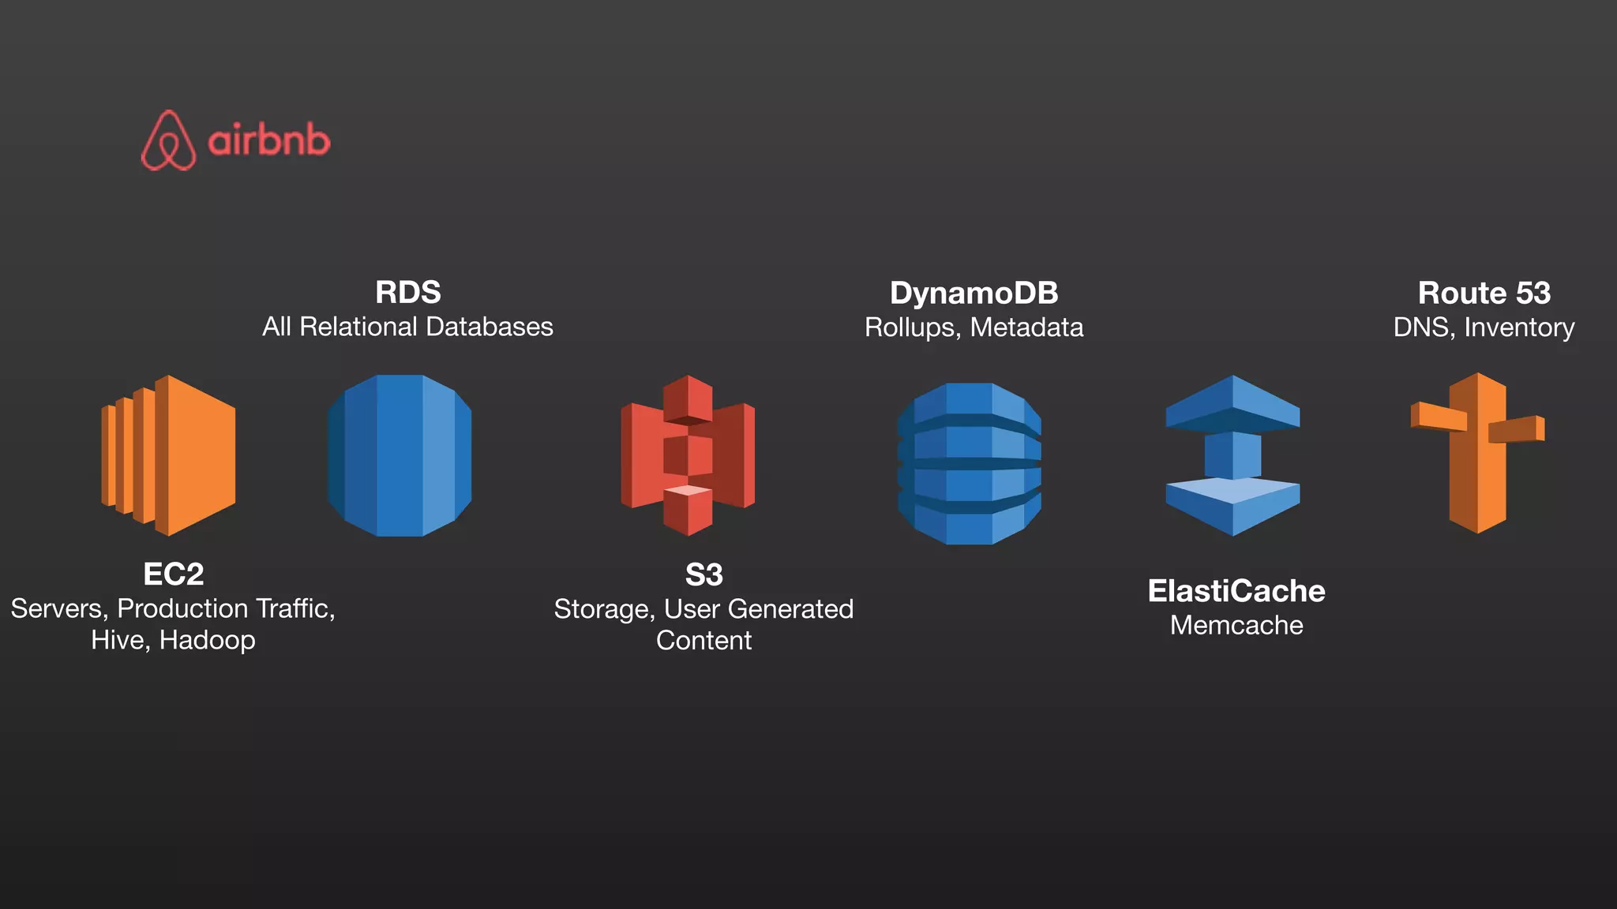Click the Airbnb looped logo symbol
(168, 140)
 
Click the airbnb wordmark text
(268, 141)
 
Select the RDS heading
(407, 293)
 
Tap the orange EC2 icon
(169, 455)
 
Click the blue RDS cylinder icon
(400, 455)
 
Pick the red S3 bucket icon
(688, 455)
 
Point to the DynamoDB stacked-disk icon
(970, 463)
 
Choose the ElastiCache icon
(1232, 455)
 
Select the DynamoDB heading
(974, 294)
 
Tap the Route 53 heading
(1484, 294)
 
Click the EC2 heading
(174, 574)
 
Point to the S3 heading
(703, 575)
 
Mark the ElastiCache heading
(1236, 591)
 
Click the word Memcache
(1236, 626)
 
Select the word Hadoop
(207, 640)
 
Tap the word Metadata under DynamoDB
(1026, 327)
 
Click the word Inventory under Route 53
(1519, 327)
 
